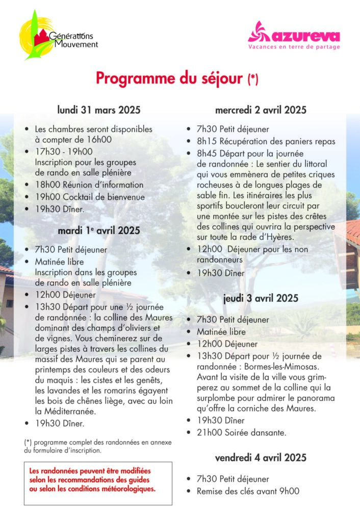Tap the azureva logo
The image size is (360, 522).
294,37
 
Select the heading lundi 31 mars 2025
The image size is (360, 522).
98,110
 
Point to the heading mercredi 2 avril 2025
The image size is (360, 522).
261,110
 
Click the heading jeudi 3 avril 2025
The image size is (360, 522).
261,299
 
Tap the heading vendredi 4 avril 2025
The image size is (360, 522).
261,458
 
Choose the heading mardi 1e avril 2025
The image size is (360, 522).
98,230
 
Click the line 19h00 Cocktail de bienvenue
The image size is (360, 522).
90,197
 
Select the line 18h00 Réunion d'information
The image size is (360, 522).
89,185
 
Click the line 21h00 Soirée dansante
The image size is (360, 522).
242,433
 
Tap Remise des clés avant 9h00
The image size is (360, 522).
248,491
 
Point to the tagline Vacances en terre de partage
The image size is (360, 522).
294,46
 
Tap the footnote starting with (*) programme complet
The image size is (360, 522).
98,447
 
